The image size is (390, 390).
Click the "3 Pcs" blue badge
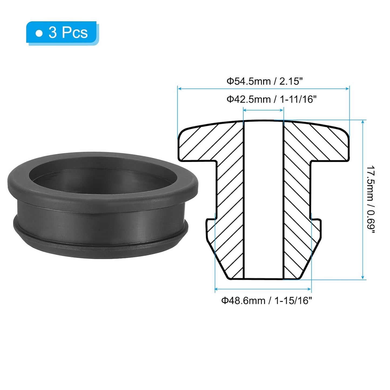pos(62,33)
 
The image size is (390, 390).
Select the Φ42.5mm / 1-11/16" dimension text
pos(271,99)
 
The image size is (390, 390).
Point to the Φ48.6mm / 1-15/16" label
pos(266,300)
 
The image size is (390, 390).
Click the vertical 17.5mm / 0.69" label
pos(371,200)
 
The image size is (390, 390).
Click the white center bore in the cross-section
pos(263,200)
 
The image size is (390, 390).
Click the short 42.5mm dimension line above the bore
pos(263,110)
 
